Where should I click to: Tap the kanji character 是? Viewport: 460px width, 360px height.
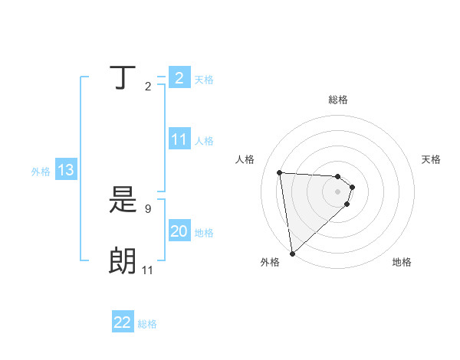(124, 201)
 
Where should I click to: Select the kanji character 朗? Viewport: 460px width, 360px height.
(124, 261)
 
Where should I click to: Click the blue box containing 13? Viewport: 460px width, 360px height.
(66, 170)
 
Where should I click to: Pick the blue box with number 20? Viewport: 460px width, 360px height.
(179, 231)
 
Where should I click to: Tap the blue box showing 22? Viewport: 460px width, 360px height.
(123, 322)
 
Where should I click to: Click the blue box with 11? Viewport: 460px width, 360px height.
(179, 139)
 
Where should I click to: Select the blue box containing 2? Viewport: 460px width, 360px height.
(179, 78)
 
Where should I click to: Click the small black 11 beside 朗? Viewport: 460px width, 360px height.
(148, 270)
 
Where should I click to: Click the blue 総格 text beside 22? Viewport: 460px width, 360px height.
(147, 324)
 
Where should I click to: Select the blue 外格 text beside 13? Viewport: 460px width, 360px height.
(41, 172)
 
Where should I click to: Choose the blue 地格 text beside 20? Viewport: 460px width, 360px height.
(204, 233)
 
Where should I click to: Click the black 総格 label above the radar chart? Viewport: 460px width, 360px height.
(338, 100)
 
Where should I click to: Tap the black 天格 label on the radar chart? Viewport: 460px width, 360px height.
(432, 159)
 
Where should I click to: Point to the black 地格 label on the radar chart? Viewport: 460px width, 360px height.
(402, 262)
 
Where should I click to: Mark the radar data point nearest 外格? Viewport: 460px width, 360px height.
(292, 253)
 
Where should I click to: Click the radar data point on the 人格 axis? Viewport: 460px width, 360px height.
(279, 172)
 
